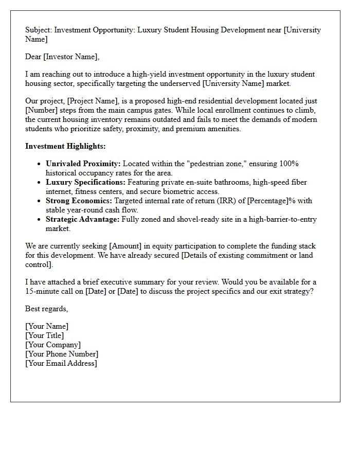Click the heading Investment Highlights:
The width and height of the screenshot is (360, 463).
[65, 146]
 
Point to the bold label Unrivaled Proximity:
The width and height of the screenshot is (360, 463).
[83, 164]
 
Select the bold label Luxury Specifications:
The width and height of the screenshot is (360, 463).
[85, 182]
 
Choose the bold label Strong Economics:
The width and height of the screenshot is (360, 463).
[79, 201]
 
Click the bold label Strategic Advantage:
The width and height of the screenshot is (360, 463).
[82, 219]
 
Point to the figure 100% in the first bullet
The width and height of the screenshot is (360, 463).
[289, 164]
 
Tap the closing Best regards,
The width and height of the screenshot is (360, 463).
[46, 309]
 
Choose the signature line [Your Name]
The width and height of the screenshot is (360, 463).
[47, 326]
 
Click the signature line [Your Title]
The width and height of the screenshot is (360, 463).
[45, 335]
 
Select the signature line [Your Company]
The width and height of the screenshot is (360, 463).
[53, 345]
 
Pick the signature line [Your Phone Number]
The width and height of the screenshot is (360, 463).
[62, 354]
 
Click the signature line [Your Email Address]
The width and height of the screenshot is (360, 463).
[61, 363]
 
